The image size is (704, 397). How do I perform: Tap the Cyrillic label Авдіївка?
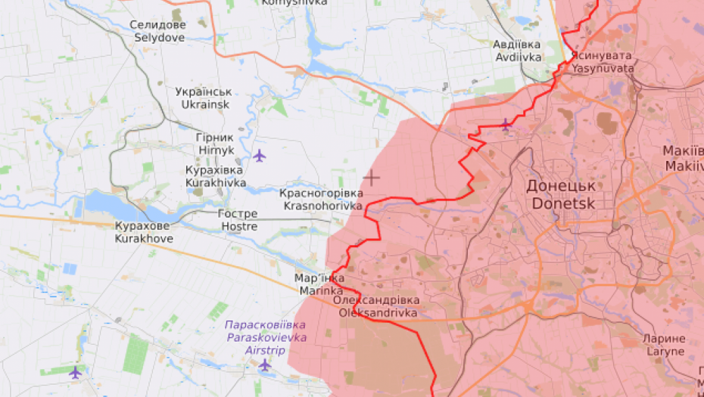pos(517,45)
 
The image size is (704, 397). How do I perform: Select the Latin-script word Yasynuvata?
pos(603,68)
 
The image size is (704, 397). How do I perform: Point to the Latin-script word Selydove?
pos(158,36)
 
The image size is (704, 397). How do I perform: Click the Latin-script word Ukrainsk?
pos(203,104)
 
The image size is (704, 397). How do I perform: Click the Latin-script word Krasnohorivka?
pos(322,206)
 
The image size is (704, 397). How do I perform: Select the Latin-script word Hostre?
pos(238,226)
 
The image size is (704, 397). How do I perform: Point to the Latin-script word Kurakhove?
pos(144,238)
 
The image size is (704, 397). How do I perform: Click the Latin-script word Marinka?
pos(319,290)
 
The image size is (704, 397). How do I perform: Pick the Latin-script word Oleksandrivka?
pos(378,312)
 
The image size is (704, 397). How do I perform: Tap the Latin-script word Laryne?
pos(665,351)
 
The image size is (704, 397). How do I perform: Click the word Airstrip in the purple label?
pos(265,351)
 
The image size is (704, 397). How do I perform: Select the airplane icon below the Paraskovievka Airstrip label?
pos(265,365)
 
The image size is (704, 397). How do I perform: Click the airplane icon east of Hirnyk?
pos(260,156)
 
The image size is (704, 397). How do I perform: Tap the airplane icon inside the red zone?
pos(506,124)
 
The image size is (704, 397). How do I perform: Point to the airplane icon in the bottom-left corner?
pos(75,372)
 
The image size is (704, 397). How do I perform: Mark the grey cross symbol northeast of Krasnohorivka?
pos(371,178)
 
